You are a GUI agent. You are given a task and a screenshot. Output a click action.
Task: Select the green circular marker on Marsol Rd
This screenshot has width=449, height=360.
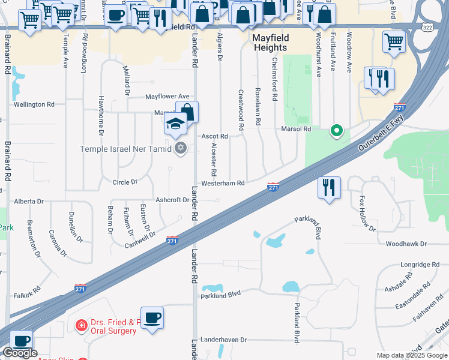pyautogui.click(x=337, y=130)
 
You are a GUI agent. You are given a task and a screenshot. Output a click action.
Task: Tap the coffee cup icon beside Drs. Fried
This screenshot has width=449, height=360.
pyautogui.click(x=152, y=317)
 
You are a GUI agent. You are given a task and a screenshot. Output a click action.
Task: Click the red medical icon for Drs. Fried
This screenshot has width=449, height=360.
pyautogui.click(x=80, y=325)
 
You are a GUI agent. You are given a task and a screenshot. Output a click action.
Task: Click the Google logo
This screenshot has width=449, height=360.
pyautogui.click(x=20, y=353)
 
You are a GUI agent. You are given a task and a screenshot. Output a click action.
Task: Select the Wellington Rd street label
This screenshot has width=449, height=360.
pyautogui.click(x=34, y=104)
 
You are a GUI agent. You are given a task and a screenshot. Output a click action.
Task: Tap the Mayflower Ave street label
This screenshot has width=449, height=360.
pyautogui.click(x=167, y=96)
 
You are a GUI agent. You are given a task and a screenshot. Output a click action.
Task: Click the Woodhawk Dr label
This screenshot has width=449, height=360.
pyautogui.click(x=406, y=244)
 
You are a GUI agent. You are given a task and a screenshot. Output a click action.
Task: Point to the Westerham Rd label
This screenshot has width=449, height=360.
pyautogui.click(x=223, y=183)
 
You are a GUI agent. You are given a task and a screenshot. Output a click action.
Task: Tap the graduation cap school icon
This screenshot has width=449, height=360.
pyautogui.click(x=175, y=125)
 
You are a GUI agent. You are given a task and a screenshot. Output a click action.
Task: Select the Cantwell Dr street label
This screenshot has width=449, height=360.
pyautogui.click(x=140, y=240)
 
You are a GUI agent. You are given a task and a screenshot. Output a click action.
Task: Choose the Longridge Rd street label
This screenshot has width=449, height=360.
pyautogui.click(x=420, y=265)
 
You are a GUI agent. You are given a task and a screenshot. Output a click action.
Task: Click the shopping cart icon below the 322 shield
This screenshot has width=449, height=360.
pyautogui.click(x=394, y=42)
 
